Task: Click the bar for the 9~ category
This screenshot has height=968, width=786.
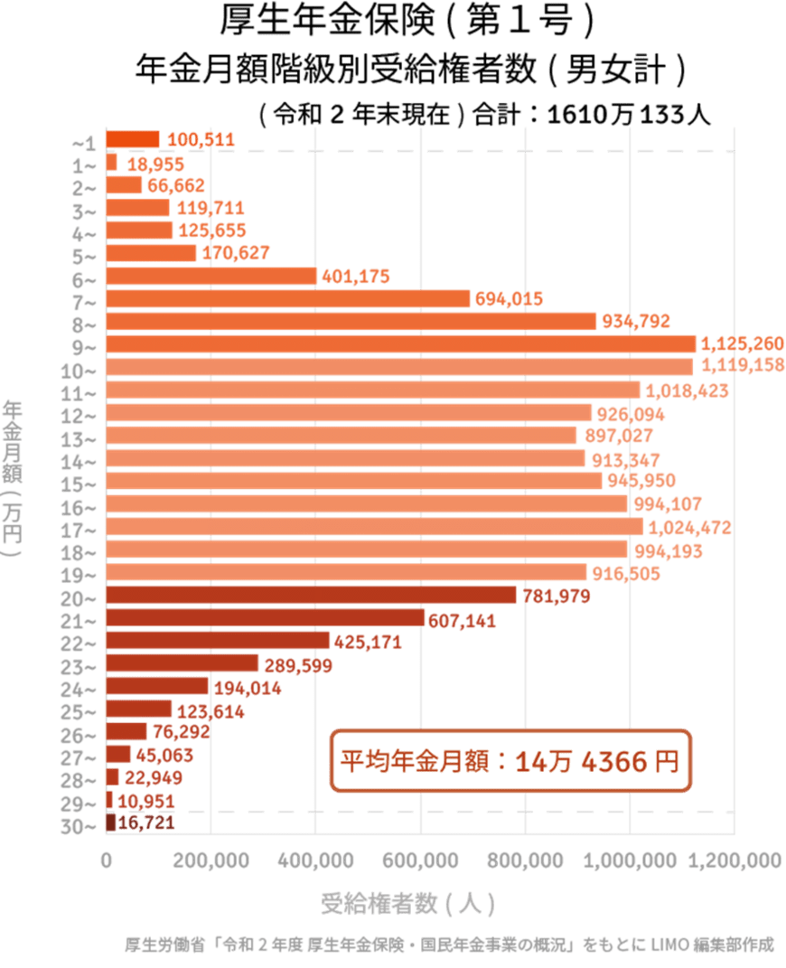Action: [x=401, y=344]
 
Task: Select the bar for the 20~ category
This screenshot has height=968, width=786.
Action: [x=312, y=595]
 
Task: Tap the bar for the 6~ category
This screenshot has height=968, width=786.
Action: [x=211, y=276]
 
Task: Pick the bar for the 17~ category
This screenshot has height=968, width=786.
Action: [x=375, y=527]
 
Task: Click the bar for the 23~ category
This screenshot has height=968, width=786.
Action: [x=182, y=663]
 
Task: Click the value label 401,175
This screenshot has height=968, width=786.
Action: [x=356, y=277]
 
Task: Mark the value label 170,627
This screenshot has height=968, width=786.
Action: [x=235, y=253]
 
